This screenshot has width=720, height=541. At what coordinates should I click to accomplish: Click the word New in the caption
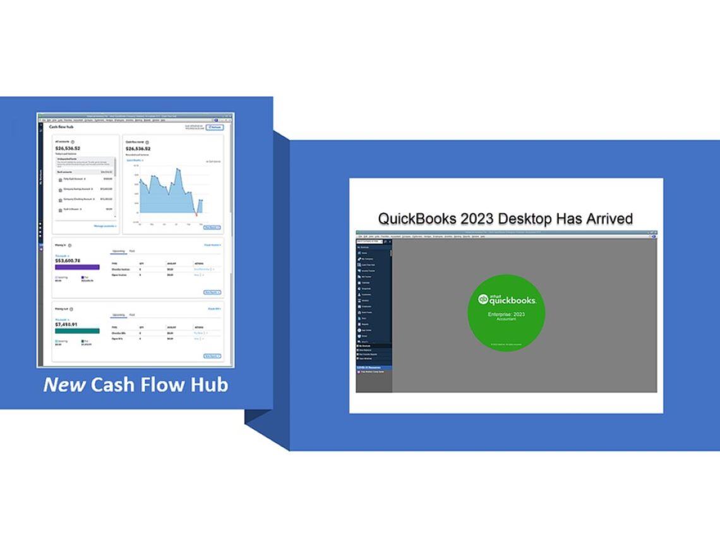64,384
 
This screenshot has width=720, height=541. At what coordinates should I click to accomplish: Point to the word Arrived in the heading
602,219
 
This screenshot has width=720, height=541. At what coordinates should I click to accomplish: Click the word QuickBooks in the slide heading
417,219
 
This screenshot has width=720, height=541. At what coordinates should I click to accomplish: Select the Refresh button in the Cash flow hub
215,127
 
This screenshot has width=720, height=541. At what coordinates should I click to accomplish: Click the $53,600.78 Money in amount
68,260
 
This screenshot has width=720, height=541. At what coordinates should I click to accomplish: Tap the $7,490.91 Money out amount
66,324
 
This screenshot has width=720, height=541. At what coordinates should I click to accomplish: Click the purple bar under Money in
77,267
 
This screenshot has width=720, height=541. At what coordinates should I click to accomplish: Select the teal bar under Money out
77,331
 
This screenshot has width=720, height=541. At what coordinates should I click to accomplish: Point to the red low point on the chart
196,216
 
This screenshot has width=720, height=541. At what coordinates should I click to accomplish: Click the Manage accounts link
105,226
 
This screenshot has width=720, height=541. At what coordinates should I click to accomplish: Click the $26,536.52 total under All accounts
68,148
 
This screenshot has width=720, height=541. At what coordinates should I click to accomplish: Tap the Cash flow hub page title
61,127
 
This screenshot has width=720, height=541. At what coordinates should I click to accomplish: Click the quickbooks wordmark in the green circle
512,301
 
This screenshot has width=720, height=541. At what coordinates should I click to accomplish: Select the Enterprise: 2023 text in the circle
506,314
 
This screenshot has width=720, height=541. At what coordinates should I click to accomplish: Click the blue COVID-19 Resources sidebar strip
373,367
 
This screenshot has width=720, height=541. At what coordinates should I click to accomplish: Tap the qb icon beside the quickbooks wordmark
483,300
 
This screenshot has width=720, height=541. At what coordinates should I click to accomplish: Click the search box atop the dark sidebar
369,241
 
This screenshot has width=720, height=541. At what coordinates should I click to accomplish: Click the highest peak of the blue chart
178,169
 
